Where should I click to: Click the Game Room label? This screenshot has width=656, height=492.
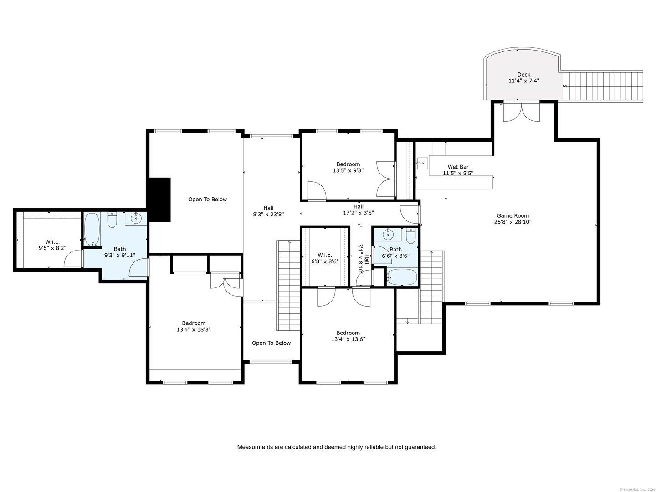coord(512,215)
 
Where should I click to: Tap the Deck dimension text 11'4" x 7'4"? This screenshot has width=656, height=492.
coord(523,81)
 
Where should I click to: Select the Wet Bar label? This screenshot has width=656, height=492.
coord(458,167)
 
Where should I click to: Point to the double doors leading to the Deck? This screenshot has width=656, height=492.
coord(522,112)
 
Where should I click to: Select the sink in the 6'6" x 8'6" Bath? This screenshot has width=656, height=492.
coord(388,234)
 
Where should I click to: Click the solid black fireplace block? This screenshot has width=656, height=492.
coord(159,200)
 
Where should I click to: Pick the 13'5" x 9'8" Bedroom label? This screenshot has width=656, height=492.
coord(348,167)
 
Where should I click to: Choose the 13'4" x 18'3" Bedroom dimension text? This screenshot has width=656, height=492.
coord(194,329)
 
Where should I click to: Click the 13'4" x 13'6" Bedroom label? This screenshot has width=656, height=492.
coord(348,336)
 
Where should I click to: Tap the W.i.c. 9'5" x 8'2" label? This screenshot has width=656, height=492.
coord(52,245)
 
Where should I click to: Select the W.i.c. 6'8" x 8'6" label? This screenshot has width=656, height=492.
coord(324,258)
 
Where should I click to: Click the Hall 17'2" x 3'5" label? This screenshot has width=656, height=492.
coord(359,210)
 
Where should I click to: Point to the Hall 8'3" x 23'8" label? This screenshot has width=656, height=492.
coord(268,211)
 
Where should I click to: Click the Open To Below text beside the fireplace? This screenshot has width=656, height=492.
coord(207,199)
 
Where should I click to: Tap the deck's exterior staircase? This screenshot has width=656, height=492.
coord(603,86)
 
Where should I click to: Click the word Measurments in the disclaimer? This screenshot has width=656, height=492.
coord(255,447)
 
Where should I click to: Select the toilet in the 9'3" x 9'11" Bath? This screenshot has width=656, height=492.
coord(112,220)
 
